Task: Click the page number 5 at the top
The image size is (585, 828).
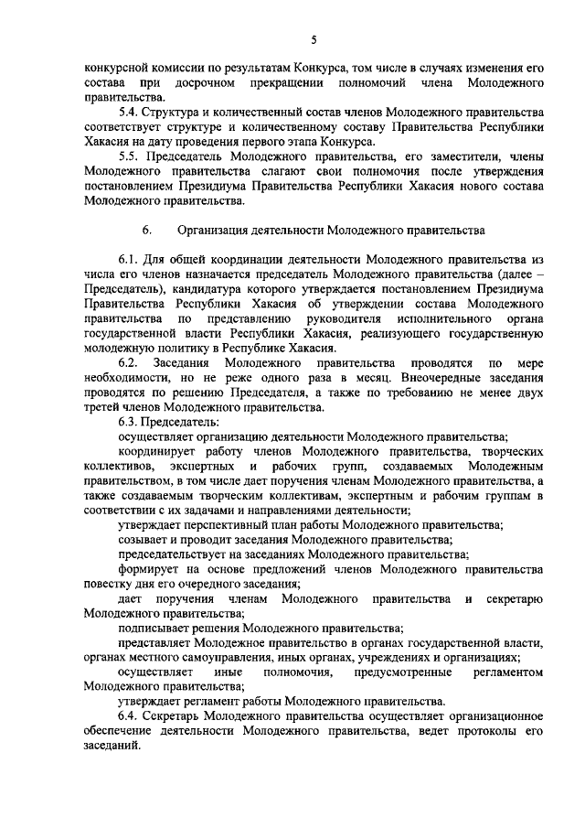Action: click(x=313, y=39)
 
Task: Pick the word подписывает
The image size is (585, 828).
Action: click(x=154, y=629)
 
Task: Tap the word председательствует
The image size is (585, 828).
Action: click(x=175, y=554)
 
